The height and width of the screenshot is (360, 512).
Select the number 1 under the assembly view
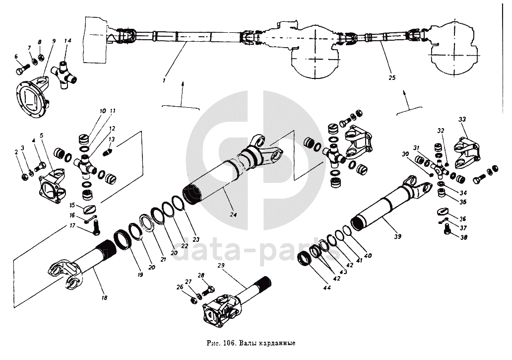(x=164, y=79)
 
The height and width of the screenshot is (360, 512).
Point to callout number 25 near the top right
(x=392, y=78)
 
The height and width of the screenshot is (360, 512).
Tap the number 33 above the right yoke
(x=462, y=120)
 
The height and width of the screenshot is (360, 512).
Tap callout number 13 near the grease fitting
(x=111, y=140)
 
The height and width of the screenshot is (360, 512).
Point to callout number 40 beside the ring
(x=368, y=256)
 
